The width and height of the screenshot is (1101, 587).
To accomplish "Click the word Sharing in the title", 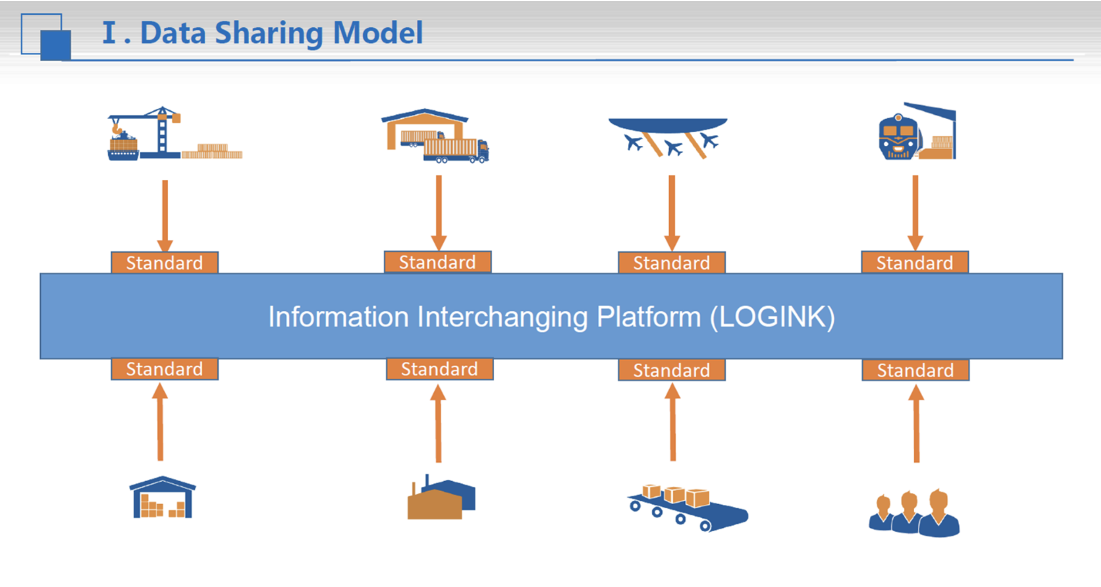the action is [269, 33].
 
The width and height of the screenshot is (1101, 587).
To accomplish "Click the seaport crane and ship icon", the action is [175, 133].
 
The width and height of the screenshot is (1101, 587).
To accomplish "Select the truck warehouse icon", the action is [435, 136].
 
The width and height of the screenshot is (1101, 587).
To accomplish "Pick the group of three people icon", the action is [914, 513].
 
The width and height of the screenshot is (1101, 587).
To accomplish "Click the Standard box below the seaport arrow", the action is [164, 262].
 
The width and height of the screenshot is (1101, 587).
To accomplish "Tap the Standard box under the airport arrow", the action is [671, 262].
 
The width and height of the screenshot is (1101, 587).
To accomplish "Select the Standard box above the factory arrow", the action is [440, 369].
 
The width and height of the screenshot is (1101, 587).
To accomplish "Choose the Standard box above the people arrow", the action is [916, 370].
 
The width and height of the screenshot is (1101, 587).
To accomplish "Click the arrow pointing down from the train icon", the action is [915, 213].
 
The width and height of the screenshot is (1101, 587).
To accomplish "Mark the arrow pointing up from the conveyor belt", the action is [673, 422].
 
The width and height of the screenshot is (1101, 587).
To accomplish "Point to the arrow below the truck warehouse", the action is [438, 213].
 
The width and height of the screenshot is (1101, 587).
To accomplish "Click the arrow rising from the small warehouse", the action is [160, 422].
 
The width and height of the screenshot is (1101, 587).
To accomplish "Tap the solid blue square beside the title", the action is [55, 45].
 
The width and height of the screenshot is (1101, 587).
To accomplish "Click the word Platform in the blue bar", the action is [649, 317].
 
